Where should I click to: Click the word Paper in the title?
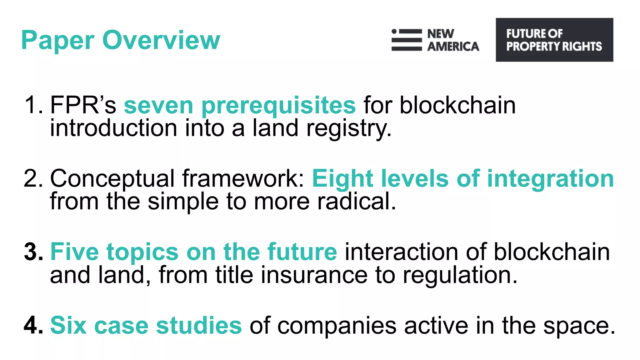(58, 41)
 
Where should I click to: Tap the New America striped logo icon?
(407, 40)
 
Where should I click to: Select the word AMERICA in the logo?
(453, 47)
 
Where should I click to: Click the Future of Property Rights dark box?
(554, 40)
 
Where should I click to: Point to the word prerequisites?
(278, 106)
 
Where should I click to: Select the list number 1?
(32, 105)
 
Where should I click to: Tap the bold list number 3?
(33, 252)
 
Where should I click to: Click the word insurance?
(314, 275)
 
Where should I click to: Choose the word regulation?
(460, 275)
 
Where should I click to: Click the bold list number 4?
(33, 325)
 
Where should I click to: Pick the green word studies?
(199, 325)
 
